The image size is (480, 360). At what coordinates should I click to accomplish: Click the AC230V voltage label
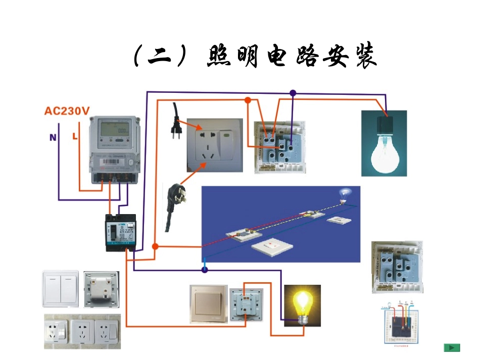[x=67, y=111]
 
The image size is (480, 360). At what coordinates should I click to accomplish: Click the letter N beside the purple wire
[x=52, y=137]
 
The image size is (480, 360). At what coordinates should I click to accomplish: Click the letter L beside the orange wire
[x=75, y=136]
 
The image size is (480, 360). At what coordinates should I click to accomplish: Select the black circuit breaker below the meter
[x=120, y=233]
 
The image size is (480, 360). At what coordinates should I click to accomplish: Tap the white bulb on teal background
[x=384, y=143]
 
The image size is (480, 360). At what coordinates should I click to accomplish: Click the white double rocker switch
[x=60, y=288]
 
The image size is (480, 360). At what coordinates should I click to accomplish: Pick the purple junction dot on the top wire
[x=293, y=93]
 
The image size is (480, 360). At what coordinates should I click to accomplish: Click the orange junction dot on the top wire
[x=248, y=100]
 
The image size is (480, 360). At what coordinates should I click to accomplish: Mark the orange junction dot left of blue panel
[x=155, y=247]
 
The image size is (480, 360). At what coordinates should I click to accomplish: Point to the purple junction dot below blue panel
[x=205, y=270]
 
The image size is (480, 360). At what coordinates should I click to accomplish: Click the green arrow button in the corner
[x=452, y=347]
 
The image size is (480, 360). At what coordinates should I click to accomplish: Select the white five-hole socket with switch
[x=214, y=144]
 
